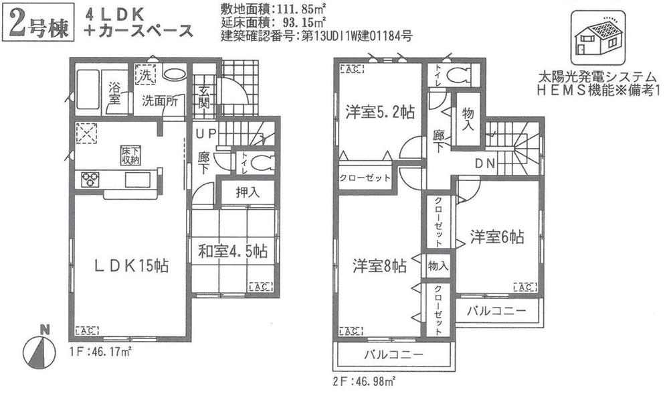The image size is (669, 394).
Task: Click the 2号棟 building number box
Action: (37, 23)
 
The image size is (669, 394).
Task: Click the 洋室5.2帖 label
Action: (379, 112)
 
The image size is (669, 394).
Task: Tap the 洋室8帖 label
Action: (379, 266)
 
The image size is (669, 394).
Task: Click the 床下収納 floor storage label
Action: (130, 155)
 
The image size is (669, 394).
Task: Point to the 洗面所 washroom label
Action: (159, 102)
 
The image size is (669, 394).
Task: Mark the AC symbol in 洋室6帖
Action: (522, 287)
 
